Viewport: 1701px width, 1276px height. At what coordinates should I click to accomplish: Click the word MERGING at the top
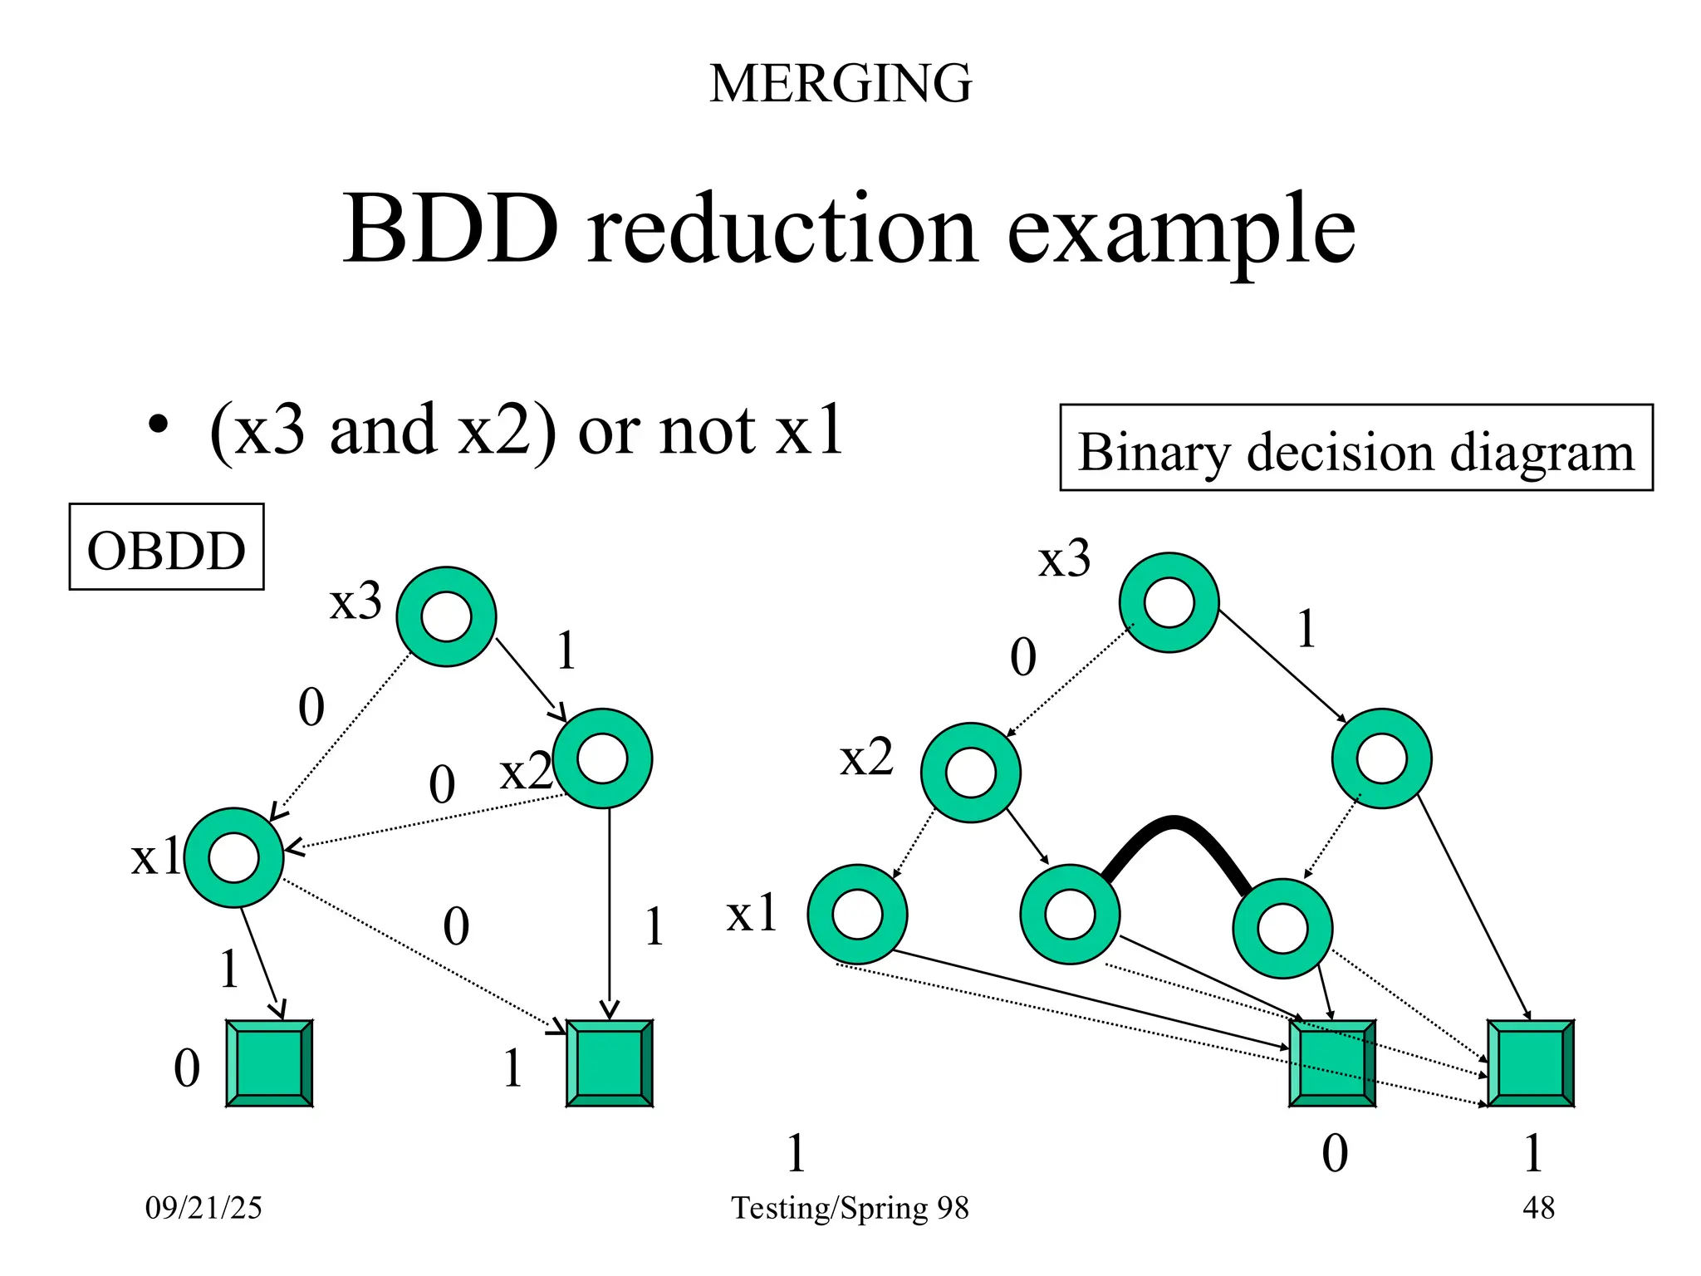840,83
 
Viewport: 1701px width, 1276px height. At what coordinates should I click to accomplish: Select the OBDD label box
166,547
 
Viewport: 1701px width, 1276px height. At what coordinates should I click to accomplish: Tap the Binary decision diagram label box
1355,448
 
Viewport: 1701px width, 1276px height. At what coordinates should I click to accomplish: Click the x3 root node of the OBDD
446,616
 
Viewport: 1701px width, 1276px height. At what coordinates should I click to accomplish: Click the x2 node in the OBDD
602,758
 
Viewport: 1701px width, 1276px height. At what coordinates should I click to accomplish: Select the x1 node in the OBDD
234,857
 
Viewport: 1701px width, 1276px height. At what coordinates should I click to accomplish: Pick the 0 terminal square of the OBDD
269,1063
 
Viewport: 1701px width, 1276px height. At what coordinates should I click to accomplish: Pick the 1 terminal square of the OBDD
609,1063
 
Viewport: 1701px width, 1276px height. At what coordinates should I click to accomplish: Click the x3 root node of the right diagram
1169,602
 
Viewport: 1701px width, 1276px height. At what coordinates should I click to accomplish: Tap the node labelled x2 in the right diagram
970,773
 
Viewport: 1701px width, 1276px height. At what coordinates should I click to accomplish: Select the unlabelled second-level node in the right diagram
1381,758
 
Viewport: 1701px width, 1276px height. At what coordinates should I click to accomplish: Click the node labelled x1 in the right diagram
857,914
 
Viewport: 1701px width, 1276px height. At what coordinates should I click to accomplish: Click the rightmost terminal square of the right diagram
1530,1063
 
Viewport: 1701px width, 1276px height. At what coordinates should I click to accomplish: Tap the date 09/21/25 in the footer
203,1208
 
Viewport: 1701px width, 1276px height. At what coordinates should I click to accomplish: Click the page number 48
1538,1208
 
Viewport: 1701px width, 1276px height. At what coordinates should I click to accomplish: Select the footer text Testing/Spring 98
850,1208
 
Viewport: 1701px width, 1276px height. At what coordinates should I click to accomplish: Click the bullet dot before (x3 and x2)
158,426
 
